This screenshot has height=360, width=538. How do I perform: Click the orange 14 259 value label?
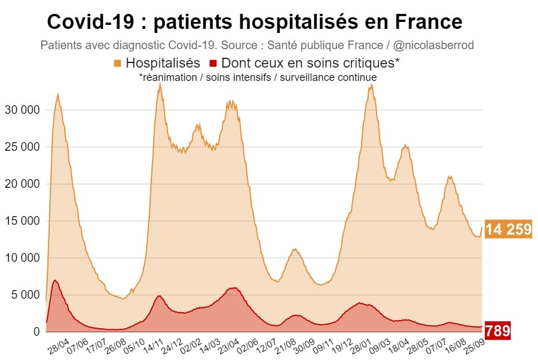click(508, 229)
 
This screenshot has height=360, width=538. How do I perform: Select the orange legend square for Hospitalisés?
click(118, 63)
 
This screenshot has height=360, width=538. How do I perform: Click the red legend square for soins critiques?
click(213, 63)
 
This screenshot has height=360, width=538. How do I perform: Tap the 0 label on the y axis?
click(36, 332)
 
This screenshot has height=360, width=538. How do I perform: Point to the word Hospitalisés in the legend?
click(163, 63)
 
